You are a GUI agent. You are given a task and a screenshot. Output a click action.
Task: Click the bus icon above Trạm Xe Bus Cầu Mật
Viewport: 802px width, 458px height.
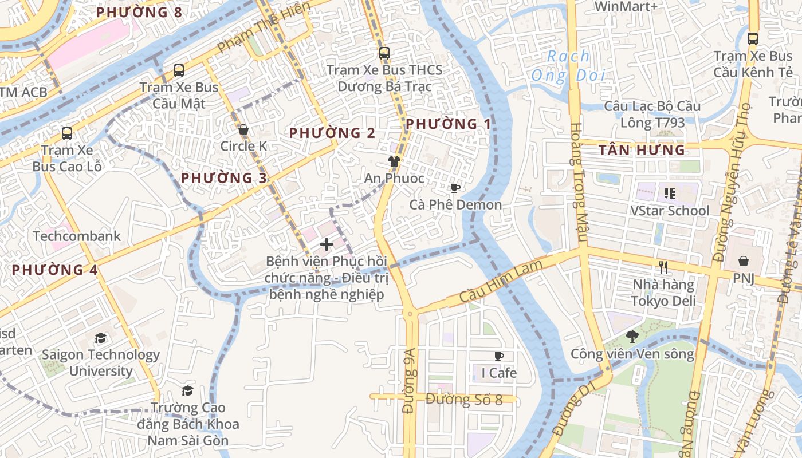click(x=179, y=70)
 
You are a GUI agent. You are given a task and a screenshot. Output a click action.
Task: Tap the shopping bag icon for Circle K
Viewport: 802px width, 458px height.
click(x=243, y=130)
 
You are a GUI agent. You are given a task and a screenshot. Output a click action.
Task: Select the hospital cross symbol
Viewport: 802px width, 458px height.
click(x=327, y=244)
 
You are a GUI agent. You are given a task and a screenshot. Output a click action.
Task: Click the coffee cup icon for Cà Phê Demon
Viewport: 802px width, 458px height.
click(x=455, y=188)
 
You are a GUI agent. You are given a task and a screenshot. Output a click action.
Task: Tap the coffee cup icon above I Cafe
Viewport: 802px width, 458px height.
click(x=499, y=356)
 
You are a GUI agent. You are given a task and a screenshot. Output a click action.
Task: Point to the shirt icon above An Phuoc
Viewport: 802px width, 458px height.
click(x=394, y=161)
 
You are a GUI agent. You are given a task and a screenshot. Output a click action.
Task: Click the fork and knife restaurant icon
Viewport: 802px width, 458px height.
click(x=663, y=267)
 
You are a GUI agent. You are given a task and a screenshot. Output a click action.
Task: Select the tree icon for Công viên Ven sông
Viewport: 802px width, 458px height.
click(x=632, y=337)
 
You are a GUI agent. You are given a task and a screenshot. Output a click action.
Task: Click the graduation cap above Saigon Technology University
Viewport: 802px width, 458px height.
click(x=101, y=338)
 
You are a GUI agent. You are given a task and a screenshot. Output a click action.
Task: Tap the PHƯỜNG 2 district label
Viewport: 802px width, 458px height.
click(x=332, y=133)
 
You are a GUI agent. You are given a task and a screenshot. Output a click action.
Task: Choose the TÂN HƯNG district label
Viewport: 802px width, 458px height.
click(x=642, y=151)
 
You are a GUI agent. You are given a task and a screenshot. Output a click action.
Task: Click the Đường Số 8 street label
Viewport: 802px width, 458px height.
click(x=464, y=400)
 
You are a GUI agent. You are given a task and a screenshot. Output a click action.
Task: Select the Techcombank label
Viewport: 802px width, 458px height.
click(x=77, y=236)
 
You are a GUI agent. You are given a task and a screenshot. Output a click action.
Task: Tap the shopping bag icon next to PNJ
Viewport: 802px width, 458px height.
click(x=744, y=261)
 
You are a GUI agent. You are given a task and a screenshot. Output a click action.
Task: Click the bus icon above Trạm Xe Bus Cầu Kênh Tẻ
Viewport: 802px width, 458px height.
click(x=753, y=39)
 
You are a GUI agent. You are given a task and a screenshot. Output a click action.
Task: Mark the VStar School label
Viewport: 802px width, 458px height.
click(x=670, y=211)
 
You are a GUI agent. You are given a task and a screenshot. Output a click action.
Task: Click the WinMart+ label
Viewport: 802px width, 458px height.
click(x=626, y=7)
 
